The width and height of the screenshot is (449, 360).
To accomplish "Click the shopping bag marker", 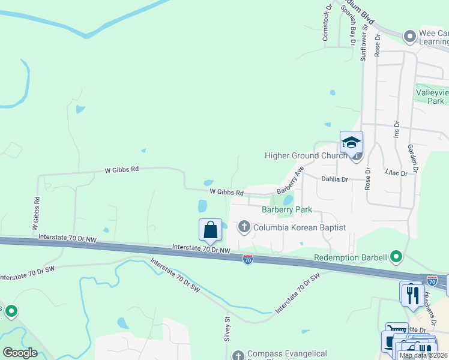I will (210, 230).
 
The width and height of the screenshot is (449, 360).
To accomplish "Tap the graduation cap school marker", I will (351, 142).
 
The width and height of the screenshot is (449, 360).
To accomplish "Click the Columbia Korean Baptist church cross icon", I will (244, 227).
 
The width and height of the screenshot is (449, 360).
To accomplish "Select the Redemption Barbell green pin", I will (396, 257).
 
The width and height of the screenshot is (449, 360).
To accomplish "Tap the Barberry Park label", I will (287, 210).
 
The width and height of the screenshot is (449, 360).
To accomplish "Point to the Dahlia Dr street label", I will (335, 179).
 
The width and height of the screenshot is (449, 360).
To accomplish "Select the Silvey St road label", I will (228, 329).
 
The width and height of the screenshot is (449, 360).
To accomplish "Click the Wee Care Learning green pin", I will (410, 37).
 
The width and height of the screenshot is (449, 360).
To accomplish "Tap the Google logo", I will (20, 353).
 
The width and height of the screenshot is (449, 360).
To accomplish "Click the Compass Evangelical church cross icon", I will (238, 355).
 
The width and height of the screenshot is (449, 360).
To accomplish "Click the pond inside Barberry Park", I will (288, 199).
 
